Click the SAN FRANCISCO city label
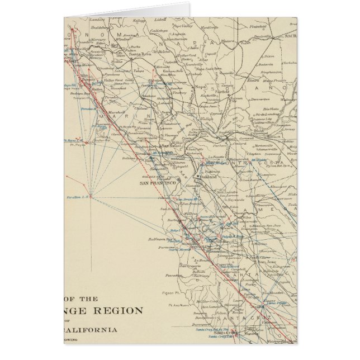coord(158,183)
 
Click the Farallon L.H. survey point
coord(79,196)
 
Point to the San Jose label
coord(264,261)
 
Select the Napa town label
coord(200,87)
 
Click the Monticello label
coord(210,27)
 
